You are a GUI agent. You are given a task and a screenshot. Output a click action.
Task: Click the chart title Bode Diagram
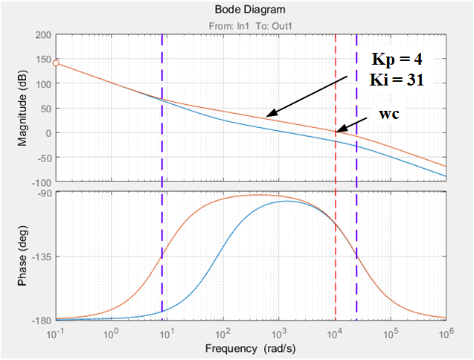pos(251,9)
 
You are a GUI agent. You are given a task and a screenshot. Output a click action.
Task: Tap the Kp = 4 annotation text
pos(400,59)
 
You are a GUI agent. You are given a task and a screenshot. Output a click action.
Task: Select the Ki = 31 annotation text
pos(400,79)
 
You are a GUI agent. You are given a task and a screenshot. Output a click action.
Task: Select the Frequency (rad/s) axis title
pos(251,347)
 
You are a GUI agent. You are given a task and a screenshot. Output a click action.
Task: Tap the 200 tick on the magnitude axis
pos(42,35)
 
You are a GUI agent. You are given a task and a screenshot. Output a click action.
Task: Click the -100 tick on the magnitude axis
pos(39,182)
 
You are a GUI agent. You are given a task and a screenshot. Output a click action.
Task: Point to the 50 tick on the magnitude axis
pos(45,109)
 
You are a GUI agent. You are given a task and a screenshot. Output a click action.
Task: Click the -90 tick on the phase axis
pos(42,193)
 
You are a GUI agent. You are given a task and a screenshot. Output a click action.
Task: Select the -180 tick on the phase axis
pos(39,321)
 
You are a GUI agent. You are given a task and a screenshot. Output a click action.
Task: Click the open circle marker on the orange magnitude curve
pos(56,63)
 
